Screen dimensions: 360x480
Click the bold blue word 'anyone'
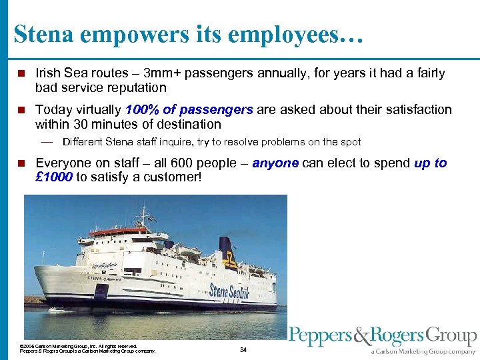click(276, 163)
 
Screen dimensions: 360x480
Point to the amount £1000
click(54, 177)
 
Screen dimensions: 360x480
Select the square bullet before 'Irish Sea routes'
click(21, 73)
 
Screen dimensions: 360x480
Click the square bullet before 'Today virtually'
click(21, 110)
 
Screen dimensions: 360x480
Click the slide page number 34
click(243, 349)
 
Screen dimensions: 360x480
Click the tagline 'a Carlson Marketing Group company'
click(423, 351)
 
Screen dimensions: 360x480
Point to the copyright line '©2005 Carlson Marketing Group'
click(79, 346)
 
